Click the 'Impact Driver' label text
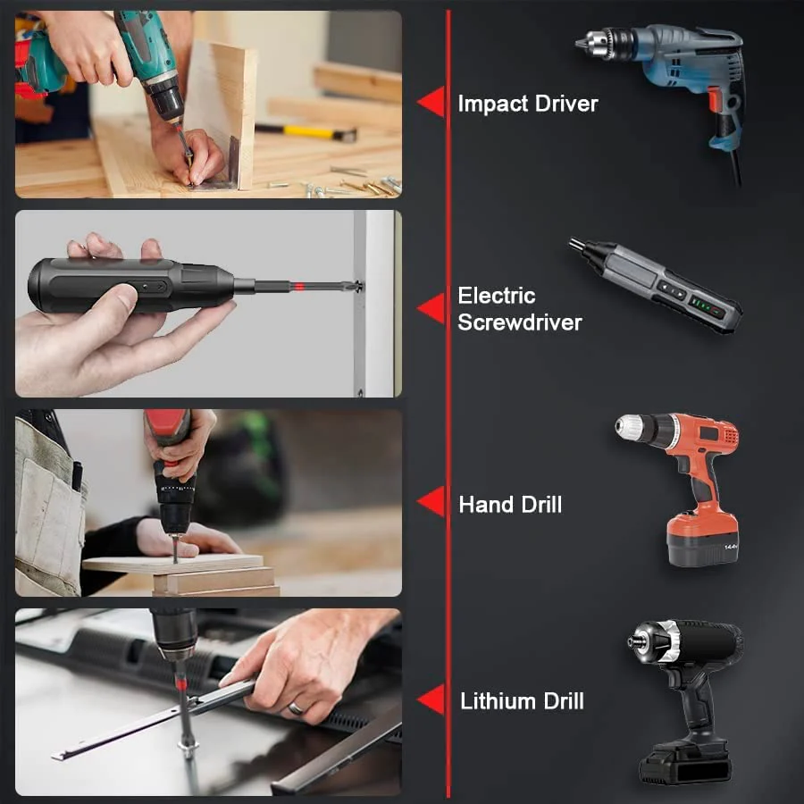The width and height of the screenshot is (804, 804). point(527,104)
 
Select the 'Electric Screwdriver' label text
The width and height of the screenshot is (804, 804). point(519,309)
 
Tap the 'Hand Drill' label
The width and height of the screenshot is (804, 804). point(510,505)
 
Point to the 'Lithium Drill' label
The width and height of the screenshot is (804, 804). point(522,701)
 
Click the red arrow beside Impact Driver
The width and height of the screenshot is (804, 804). point(431,103)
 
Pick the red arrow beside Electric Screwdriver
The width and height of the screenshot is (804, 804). point(431,309)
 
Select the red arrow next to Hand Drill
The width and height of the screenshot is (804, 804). point(431,503)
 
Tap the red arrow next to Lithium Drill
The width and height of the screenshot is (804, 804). point(431,700)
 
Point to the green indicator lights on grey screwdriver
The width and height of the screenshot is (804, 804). point(705,306)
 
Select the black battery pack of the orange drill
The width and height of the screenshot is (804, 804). point(702,539)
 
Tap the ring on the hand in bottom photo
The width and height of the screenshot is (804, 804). point(296,708)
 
